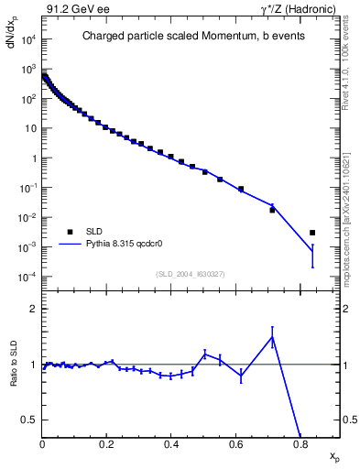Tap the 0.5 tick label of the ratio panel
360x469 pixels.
pos(31,420)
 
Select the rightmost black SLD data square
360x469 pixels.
pos(312,233)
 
